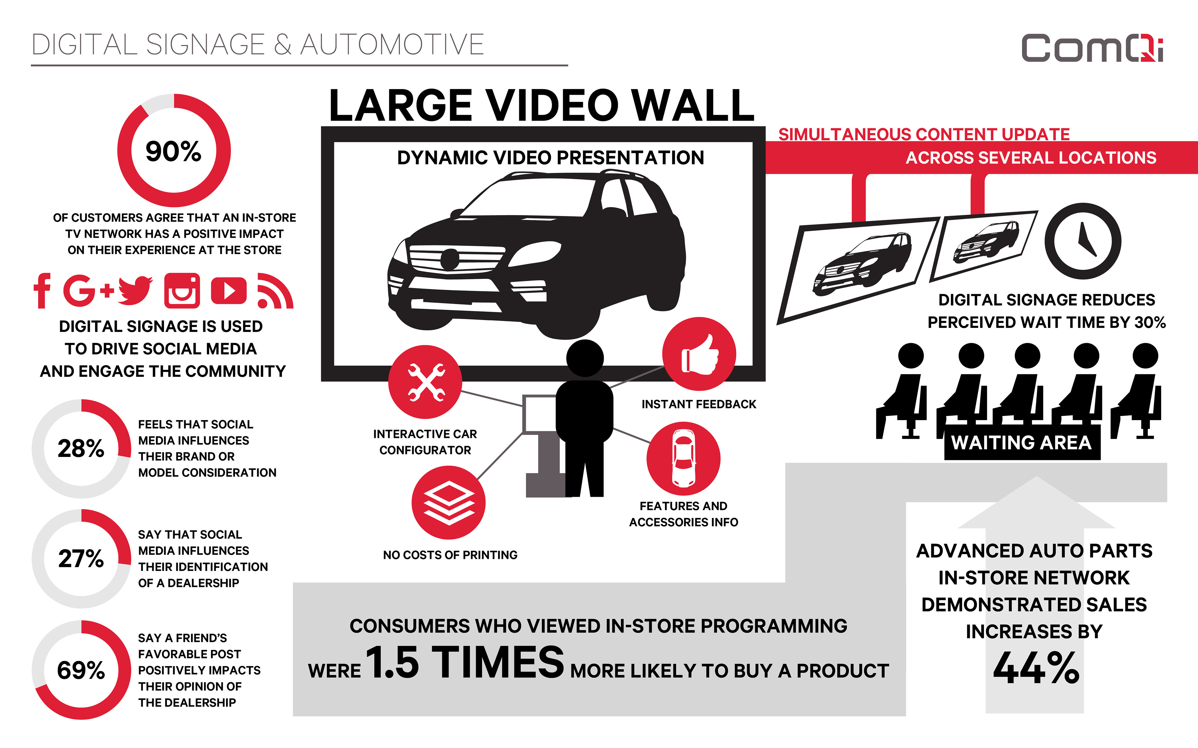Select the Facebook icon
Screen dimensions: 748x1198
[42, 290]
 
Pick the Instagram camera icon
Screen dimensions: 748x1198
[182, 290]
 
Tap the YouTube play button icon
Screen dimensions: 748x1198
[228, 290]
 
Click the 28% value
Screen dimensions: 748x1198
[81, 448]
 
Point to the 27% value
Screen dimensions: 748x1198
[81, 559]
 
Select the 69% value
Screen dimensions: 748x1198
[81, 670]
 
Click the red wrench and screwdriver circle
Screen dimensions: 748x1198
[425, 381]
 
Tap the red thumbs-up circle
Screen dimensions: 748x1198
[699, 354]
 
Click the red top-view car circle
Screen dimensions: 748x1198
[683, 458]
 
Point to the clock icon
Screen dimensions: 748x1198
[1083, 241]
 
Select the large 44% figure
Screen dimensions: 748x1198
[1036, 668]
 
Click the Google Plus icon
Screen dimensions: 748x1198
[88, 290]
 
